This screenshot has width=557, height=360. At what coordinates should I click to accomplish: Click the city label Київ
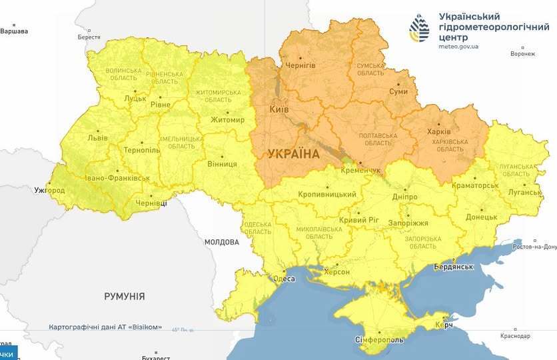click(278, 108)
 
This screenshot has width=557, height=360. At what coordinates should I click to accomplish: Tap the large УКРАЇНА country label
click(293, 154)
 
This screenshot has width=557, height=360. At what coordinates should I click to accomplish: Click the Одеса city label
click(284, 279)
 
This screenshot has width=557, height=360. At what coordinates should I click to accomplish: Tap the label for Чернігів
click(300, 65)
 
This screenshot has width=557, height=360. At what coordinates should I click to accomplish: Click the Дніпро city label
click(405, 197)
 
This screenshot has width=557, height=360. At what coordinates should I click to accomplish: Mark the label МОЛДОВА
click(221, 242)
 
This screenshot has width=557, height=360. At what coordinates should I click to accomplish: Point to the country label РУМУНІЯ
click(125, 296)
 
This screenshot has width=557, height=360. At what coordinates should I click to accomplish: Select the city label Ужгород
click(50, 191)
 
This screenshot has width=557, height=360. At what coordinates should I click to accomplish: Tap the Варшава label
click(15, 31)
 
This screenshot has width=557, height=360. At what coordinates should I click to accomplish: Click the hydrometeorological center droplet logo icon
click(420, 27)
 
